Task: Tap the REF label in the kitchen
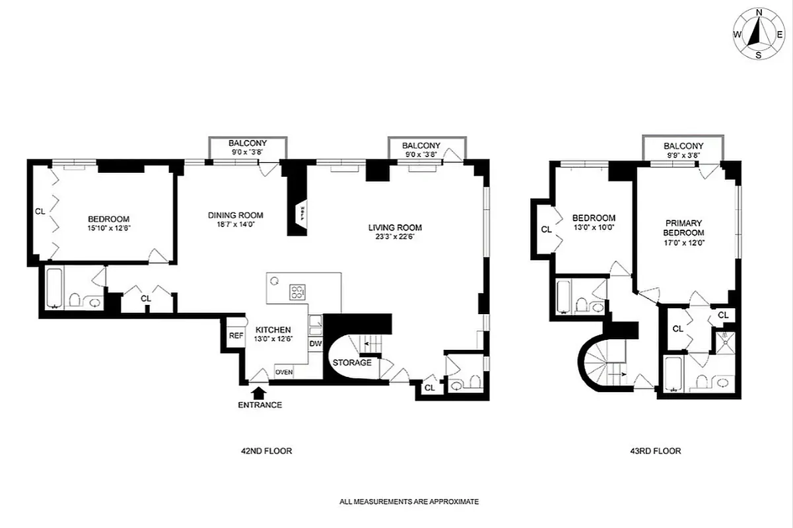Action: [x=236, y=335]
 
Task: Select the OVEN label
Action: [x=284, y=372]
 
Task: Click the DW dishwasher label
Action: [x=315, y=344]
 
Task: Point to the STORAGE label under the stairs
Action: [x=352, y=363]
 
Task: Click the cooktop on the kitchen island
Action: [x=298, y=291]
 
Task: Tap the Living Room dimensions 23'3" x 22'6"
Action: [x=395, y=238]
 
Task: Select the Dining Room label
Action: [x=236, y=215]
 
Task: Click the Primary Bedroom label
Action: [x=683, y=228]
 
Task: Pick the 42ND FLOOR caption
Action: [x=266, y=451]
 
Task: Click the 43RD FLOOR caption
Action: [x=655, y=451]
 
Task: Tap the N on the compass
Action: [x=759, y=12]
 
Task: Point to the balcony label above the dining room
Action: [x=248, y=143]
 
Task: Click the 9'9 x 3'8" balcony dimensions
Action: [x=683, y=155]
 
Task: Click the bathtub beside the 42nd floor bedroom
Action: [x=53, y=288]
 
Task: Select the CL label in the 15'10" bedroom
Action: [x=40, y=212]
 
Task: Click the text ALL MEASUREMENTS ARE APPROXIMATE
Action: [x=409, y=502]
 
